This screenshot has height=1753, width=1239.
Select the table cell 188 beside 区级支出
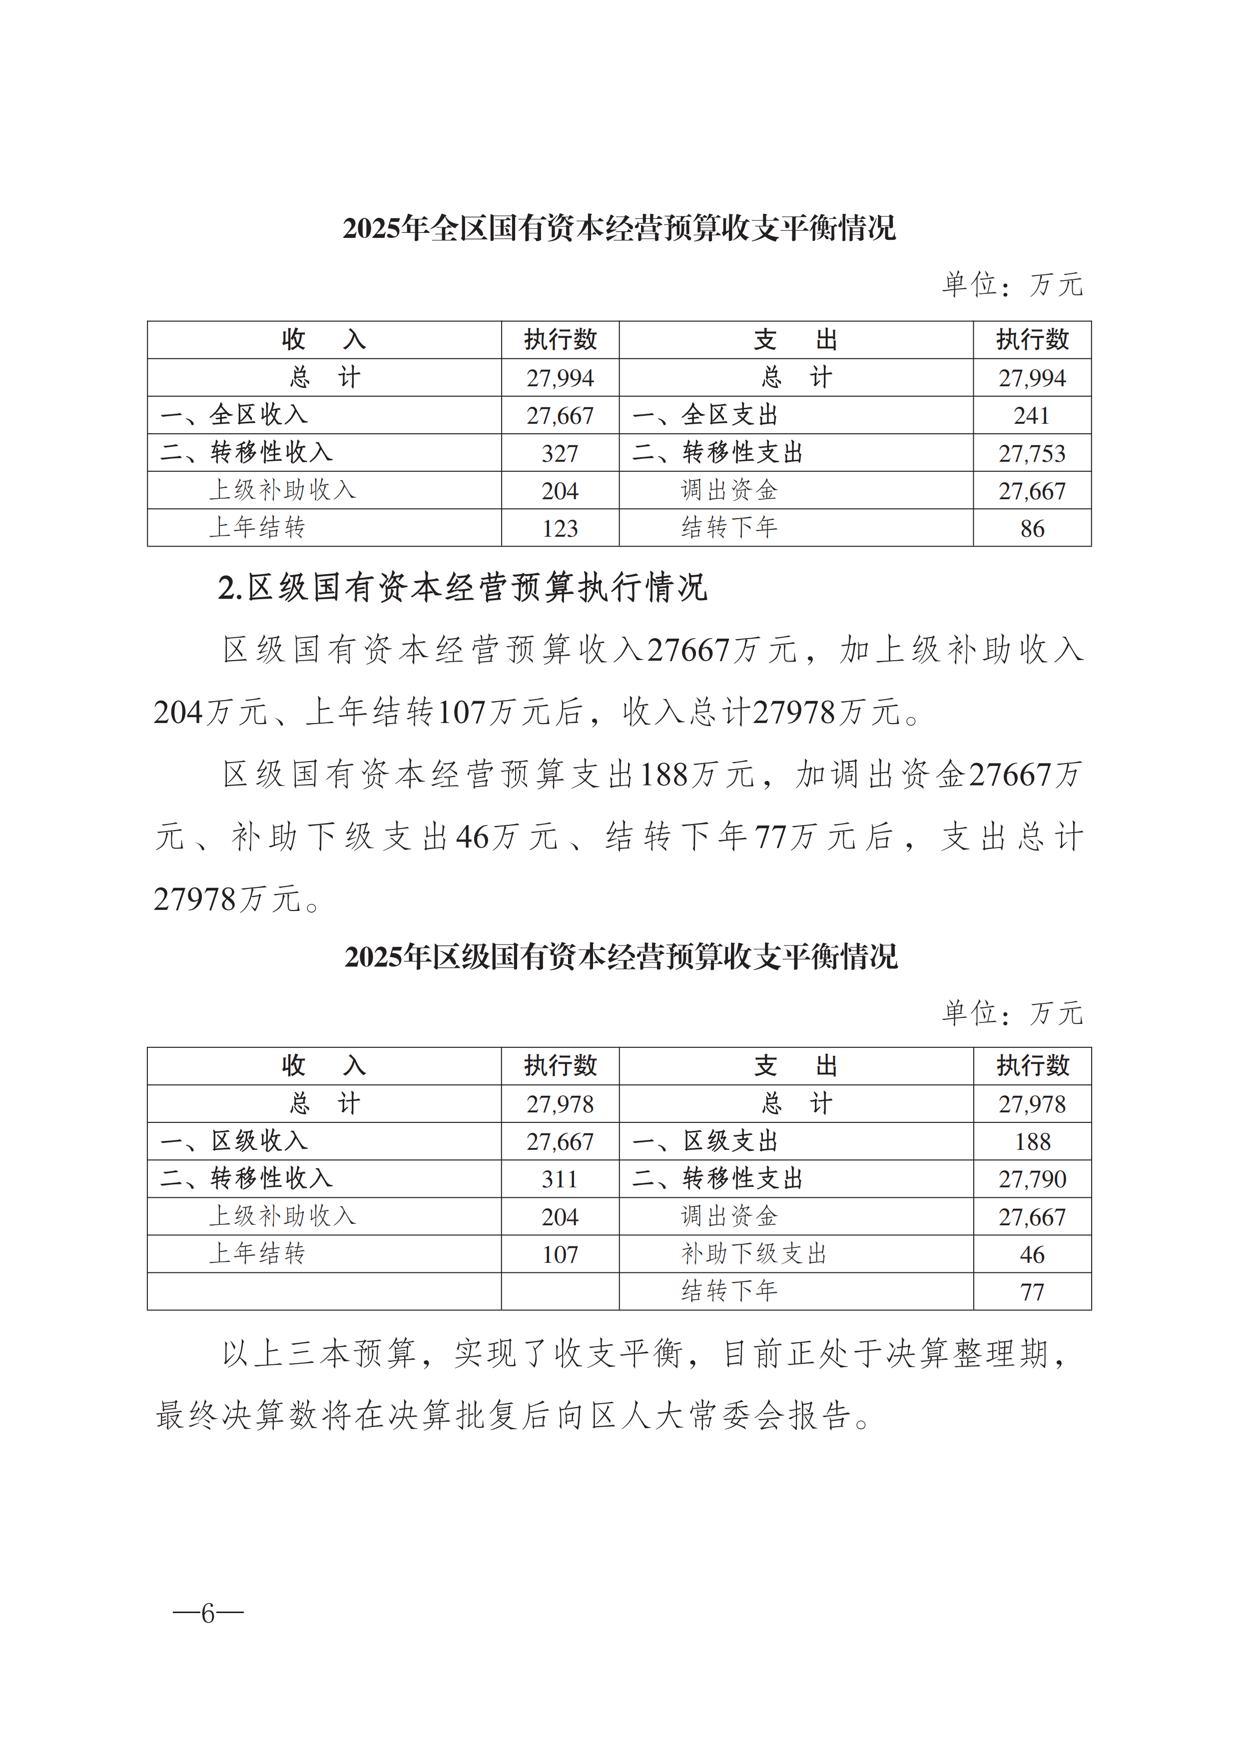(1032, 1141)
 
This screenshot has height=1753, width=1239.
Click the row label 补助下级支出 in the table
(753, 1254)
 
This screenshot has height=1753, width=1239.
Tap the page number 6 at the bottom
(208, 1613)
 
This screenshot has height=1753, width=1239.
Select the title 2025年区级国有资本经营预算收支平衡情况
(620, 956)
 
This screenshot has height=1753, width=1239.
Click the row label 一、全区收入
(234, 415)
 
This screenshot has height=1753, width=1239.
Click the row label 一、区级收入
(234, 1141)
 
